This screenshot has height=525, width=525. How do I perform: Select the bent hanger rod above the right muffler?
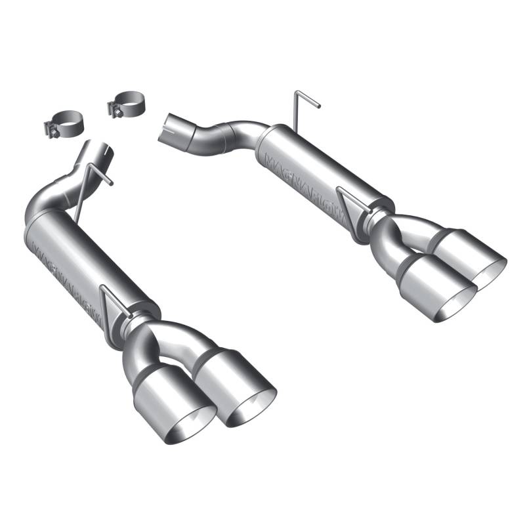[x=304, y=105]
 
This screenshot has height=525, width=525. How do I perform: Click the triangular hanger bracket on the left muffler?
[x=112, y=304]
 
